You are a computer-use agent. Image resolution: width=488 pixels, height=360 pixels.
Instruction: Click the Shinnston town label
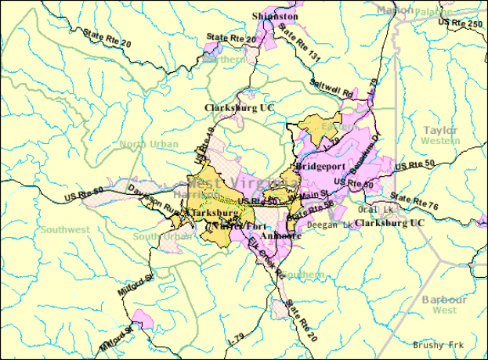[275, 16]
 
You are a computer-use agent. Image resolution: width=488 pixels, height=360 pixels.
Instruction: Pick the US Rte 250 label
[461, 24]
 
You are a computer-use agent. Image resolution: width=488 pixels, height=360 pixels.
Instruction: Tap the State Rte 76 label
[415, 202]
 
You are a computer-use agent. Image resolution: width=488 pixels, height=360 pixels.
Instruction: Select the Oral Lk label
[375, 209]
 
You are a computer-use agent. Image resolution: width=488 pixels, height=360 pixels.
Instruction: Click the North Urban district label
[144, 143]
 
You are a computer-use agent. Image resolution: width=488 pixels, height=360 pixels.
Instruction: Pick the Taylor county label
[439, 129]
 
